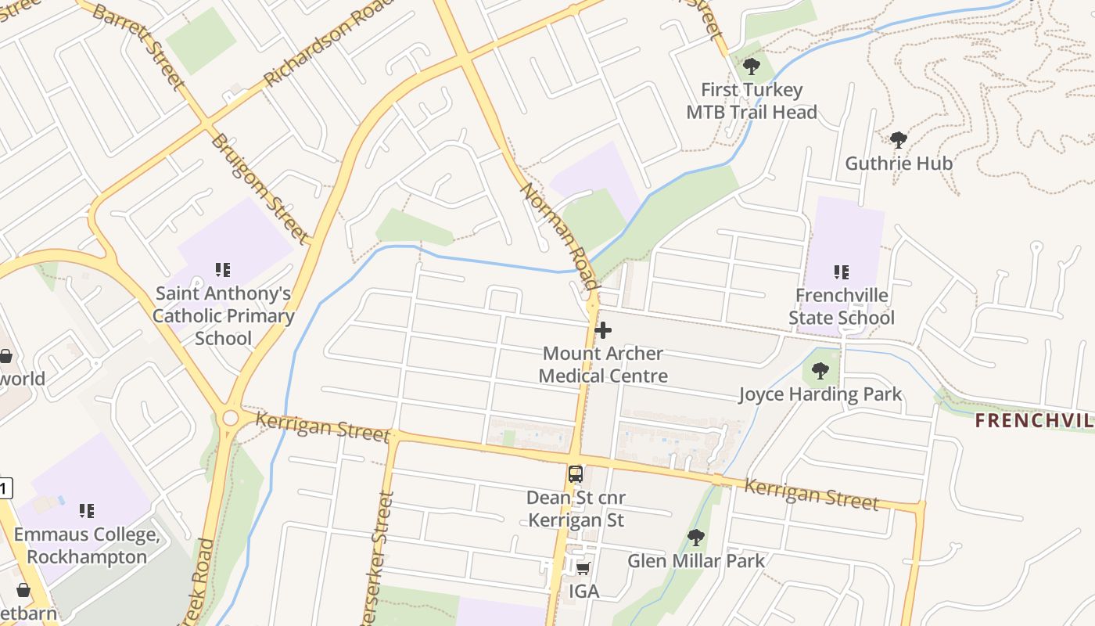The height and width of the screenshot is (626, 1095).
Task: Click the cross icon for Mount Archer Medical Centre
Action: click(x=603, y=330)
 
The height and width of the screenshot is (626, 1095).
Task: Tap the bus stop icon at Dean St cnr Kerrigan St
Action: click(x=576, y=473)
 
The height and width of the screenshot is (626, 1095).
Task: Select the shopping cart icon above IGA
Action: click(x=583, y=568)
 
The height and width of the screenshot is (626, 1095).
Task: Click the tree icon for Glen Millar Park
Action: click(x=695, y=538)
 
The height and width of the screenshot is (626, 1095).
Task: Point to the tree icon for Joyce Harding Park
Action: click(x=820, y=371)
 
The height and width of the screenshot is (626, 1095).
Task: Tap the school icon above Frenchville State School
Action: click(x=842, y=272)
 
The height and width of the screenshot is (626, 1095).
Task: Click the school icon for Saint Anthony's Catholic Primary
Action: click(x=223, y=270)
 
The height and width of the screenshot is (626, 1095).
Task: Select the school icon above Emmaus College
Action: click(x=87, y=511)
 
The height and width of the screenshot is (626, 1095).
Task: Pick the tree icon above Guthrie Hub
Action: click(x=899, y=140)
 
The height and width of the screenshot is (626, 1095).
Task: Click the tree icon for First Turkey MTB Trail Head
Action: click(x=752, y=67)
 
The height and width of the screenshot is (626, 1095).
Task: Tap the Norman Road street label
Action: click(x=560, y=236)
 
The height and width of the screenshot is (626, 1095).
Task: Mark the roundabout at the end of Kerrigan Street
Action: click(x=230, y=418)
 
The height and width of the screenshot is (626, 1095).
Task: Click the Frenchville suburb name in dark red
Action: click(x=1034, y=421)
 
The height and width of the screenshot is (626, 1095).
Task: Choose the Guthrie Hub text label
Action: click(x=899, y=164)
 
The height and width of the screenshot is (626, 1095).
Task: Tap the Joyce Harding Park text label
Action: click(x=820, y=394)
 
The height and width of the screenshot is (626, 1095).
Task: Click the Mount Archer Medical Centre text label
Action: click(x=603, y=365)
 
